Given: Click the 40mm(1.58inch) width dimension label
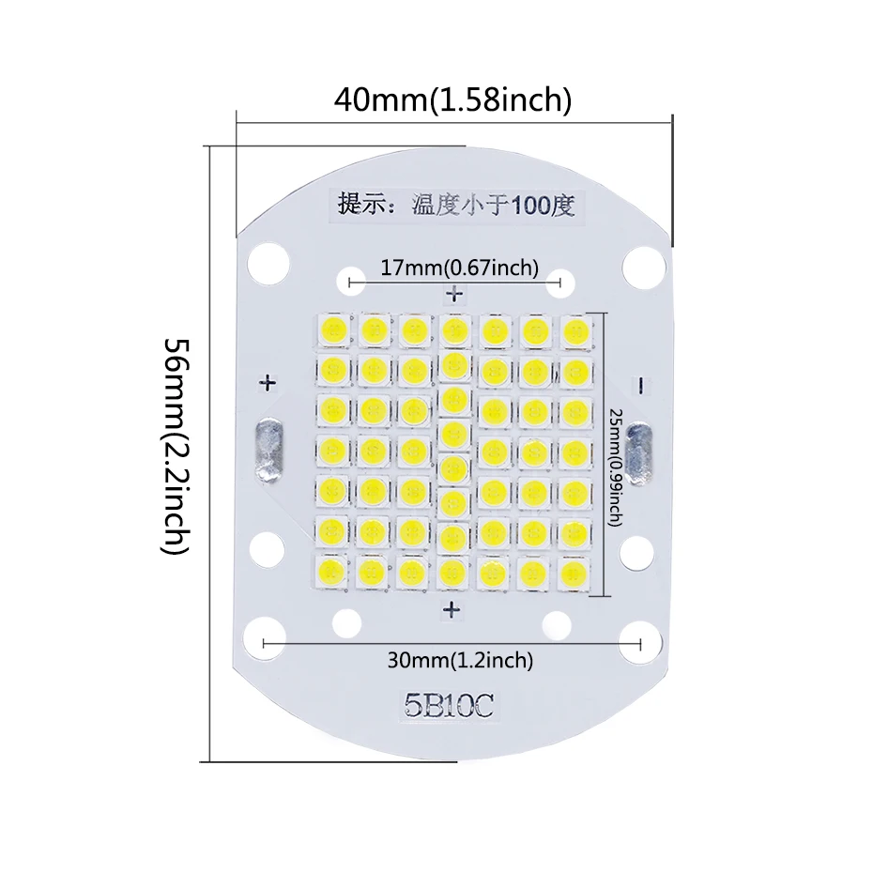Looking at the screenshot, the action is point(452,99).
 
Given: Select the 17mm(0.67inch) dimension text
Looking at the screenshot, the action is point(459,268).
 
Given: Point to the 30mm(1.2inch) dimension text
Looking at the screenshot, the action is point(460,661).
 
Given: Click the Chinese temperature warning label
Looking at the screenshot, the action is point(455,205).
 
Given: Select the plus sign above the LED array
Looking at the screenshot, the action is point(455,295).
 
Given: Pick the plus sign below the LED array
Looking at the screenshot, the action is point(452,610).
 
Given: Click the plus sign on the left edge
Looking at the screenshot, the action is point(268,383).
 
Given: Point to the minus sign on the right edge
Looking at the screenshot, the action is point(641,384).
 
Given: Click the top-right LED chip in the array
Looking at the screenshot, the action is point(575,329).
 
